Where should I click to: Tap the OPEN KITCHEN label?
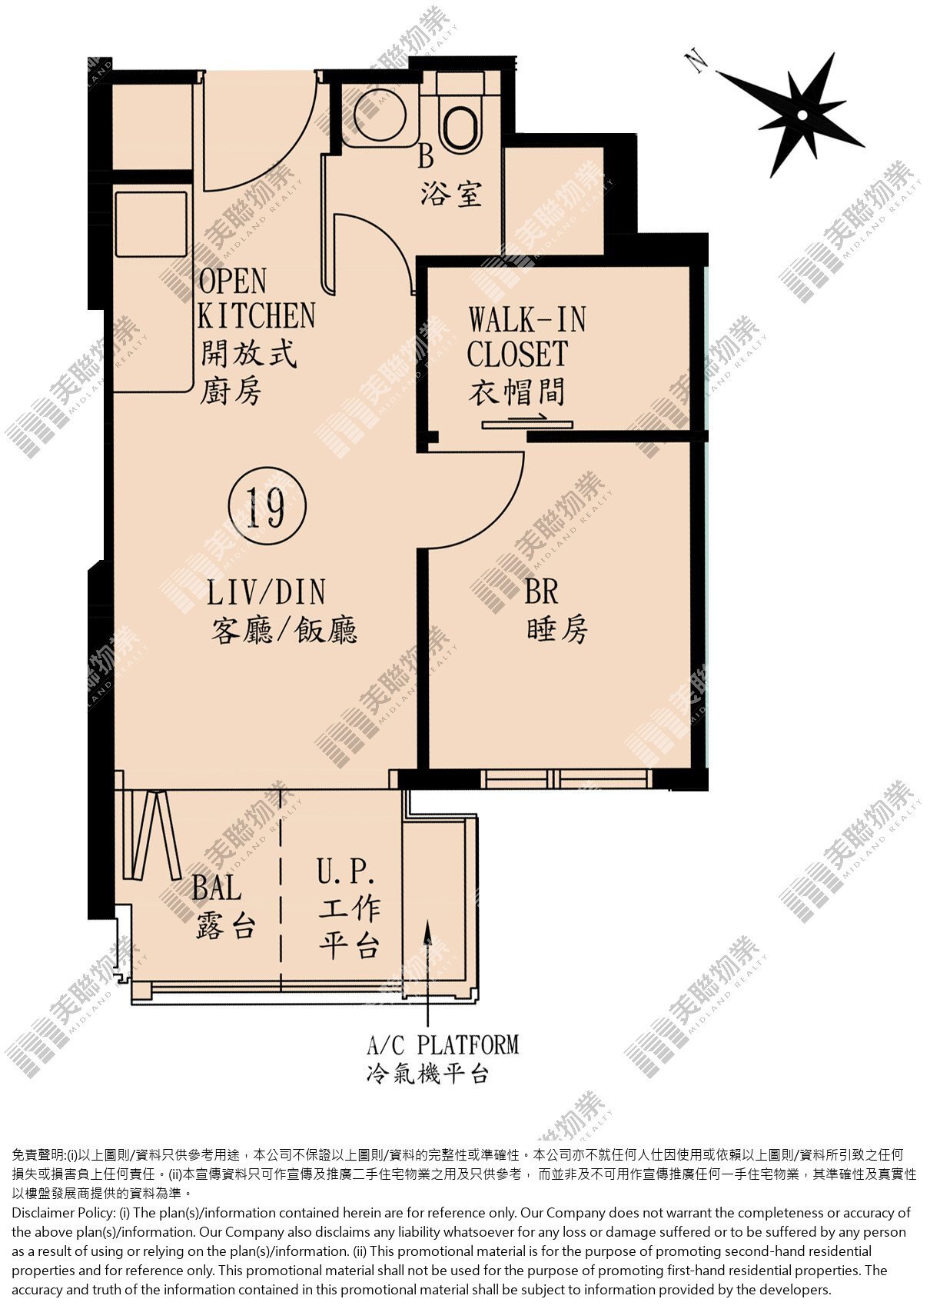click(256, 298)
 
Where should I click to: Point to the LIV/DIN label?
click(266, 592)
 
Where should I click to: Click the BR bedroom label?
click(541, 591)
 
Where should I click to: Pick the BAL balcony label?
click(217, 888)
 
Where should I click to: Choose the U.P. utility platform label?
click(346, 872)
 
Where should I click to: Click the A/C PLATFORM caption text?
click(443, 1044)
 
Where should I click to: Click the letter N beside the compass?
click(697, 61)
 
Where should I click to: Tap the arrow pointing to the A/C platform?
click(427, 973)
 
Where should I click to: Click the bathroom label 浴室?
click(451, 194)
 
